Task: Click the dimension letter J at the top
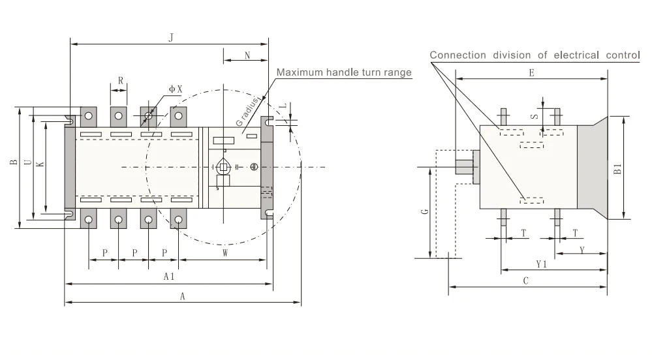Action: point(171,38)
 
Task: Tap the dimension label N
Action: point(247,55)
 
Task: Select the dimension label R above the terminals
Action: point(121,80)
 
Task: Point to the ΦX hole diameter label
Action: point(176,89)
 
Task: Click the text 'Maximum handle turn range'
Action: point(344,72)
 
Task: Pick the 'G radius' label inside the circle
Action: point(247,112)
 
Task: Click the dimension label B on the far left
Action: point(14,162)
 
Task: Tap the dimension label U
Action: point(28,162)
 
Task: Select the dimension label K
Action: point(40,164)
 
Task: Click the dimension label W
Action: point(225,253)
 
